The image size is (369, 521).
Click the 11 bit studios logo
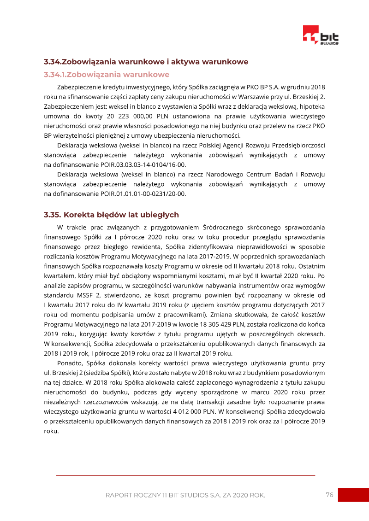pos(320,35)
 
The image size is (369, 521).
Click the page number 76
pos(329,495)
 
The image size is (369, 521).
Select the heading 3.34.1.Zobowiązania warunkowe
pos(107,74)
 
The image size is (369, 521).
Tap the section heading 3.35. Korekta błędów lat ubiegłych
pos(111,215)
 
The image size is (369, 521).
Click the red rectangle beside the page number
pos(353,495)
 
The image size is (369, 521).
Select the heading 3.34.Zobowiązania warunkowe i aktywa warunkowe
pos(146,61)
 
